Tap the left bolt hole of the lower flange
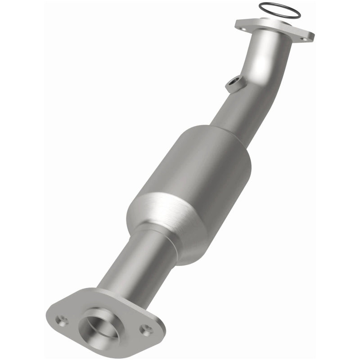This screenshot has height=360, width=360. coord(62,320)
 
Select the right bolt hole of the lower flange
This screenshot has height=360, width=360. coord(145,329)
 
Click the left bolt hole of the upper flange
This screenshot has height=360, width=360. coord(243,28)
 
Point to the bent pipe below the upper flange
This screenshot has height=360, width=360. coord(270,67)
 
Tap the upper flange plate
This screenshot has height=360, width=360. coord(274,29)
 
